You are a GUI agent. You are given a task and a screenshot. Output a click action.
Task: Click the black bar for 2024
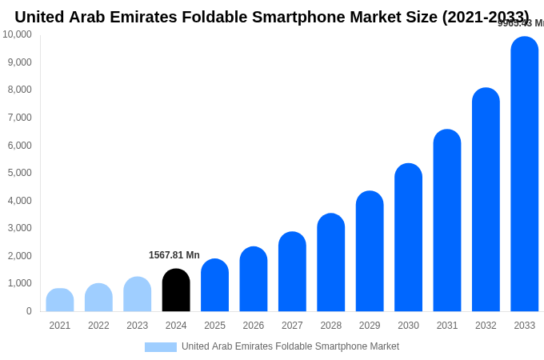tap(176, 290)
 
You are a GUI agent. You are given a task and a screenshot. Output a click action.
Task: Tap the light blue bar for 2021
tap(60, 300)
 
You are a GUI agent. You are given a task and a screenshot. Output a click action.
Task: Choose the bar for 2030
tap(408, 238)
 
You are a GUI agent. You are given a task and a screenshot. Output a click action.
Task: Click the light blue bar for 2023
tap(138, 294)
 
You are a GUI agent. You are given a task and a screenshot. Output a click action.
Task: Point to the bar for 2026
tap(254, 279)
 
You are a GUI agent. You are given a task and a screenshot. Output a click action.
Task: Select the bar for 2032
tap(486, 200)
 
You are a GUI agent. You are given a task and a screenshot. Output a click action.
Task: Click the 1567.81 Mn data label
tap(174, 255)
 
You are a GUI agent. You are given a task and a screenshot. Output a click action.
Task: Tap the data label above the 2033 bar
tap(521, 23)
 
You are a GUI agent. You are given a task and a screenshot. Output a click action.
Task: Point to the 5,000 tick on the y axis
tap(19, 173)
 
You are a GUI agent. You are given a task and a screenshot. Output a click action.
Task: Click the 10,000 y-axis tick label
tap(17, 34)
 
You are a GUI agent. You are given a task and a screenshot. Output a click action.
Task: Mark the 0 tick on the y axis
tap(29, 311)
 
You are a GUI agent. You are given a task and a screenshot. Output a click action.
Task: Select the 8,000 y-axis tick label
tap(19, 90)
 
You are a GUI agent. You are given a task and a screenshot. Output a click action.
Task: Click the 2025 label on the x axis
tap(214, 326)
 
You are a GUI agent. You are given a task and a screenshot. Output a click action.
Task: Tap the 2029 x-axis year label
tap(370, 326)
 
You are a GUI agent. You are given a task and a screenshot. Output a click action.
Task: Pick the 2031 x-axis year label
tap(447, 326)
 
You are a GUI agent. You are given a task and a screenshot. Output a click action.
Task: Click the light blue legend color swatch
tap(160, 347)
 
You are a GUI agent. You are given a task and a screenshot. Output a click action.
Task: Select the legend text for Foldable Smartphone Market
tap(290, 346)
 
